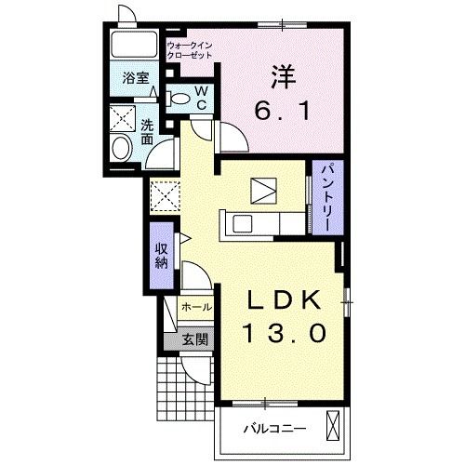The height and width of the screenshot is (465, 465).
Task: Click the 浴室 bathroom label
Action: click(x=136, y=78)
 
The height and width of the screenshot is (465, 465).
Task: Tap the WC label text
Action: click(x=202, y=99)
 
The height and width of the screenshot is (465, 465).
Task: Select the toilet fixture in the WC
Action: click(x=178, y=99)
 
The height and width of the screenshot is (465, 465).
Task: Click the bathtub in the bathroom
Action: click(x=134, y=44)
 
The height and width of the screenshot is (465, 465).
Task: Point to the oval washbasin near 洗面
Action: click(x=122, y=148)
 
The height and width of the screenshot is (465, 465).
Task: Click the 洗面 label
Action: click(x=147, y=132)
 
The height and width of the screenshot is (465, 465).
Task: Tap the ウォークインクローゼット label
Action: click(x=190, y=50)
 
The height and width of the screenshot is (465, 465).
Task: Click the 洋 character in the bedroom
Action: click(x=283, y=76)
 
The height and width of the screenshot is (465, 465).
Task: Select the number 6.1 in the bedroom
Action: click(x=283, y=112)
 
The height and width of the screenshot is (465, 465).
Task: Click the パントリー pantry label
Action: click(x=327, y=198)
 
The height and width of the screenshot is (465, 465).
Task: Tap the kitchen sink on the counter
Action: click(x=242, y=223)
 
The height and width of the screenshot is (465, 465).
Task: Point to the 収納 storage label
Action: click(x=162, y=256)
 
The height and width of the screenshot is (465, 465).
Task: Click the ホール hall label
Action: click(x=197, y=307)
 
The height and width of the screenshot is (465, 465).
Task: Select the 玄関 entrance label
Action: click(x=194, y=339)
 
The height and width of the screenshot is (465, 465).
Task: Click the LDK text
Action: click(x=284, y=300)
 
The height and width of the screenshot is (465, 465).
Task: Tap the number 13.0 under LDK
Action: click(x=286, y=333)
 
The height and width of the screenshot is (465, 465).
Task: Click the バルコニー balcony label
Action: click(x=275, y=429)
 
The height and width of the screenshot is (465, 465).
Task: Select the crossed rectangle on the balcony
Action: click(x=333, y=425)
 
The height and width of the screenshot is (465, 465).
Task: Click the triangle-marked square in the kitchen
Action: click(x=263, y=191)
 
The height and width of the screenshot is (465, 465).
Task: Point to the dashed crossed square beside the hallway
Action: click(x=165, y=196)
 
